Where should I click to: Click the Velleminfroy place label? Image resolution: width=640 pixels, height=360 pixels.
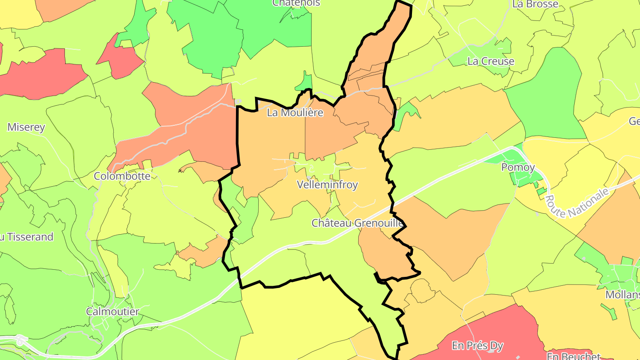327,185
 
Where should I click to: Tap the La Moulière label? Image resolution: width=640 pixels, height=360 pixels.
295,113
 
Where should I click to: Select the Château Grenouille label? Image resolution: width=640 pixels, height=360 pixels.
357,223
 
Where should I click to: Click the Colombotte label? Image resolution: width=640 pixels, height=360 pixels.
122,176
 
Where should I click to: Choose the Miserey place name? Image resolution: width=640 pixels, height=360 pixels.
26,128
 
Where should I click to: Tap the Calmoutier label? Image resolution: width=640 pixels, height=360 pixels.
112,312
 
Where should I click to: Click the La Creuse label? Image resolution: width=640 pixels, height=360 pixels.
491,61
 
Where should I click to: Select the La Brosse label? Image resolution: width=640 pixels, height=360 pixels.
535,4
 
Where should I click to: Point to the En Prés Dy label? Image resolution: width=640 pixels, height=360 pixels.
478,345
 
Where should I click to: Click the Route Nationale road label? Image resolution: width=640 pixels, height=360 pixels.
576,203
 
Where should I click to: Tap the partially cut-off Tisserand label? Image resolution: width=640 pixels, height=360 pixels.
27,237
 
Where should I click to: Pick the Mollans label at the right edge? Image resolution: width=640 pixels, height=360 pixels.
622,295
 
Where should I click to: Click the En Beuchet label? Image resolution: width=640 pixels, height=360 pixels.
573,356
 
